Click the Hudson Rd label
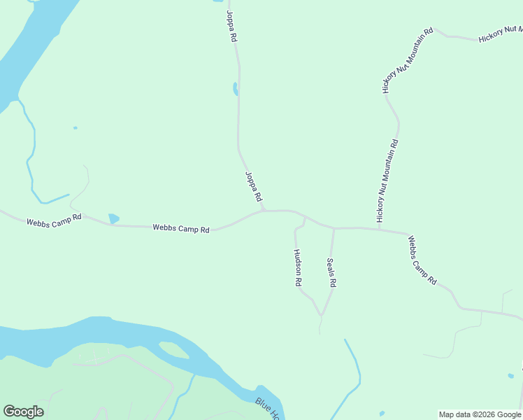pos(297,268)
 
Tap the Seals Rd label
pos(332,273)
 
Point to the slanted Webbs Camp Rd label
pos(422,260)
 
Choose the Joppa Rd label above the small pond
pos(231,26)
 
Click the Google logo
pos(23,412)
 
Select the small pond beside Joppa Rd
pos(236,89)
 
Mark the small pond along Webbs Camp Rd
pos(113,218)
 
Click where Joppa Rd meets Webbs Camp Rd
pos(264,210)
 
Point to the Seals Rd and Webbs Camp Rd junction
pos(334,228)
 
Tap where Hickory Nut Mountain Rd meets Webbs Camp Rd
pos(378,228)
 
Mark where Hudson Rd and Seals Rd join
pos(322,315)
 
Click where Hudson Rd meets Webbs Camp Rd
pos(305,218)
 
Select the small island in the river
pos(173,349)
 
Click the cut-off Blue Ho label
pos(268,409)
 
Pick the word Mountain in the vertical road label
pos(390,171)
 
